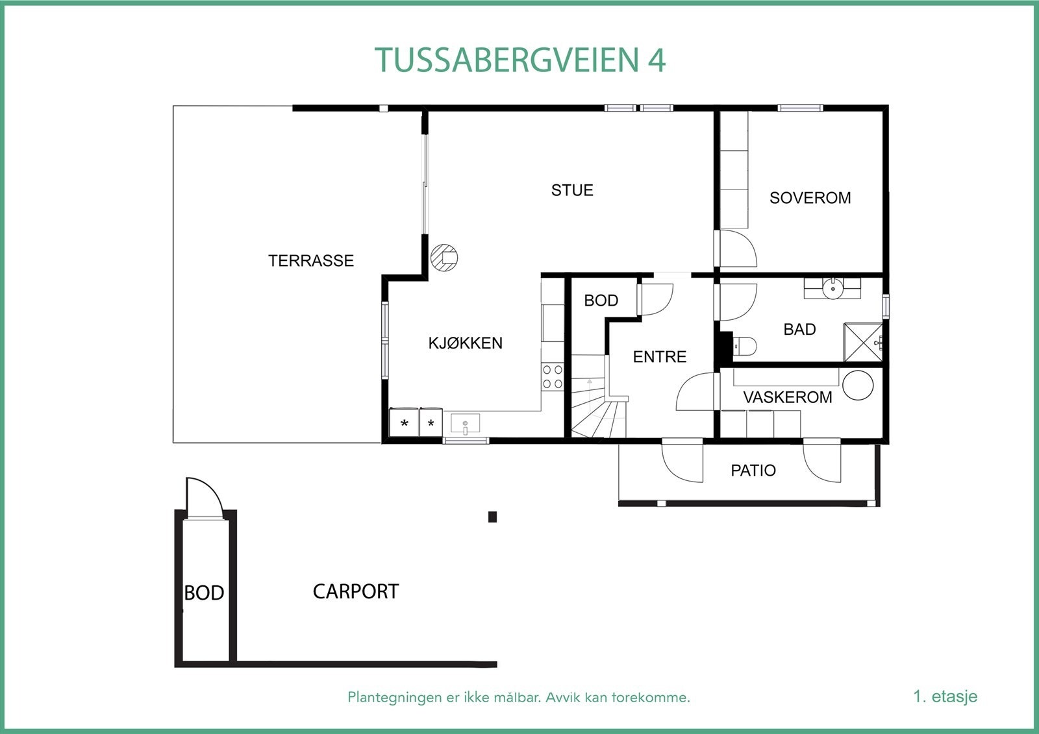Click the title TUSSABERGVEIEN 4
point(520,60)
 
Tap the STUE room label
point(572,190)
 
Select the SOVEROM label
point(810,198)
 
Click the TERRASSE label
point(311,261)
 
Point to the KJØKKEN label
point(465,343)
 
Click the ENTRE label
point(659,357)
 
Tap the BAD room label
point(799,330)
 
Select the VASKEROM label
point(787,397)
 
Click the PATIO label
point(753,471)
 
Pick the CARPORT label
point(356,592)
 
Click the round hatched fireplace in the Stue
point(445,258)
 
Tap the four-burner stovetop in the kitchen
point(553,377)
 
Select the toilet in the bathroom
point(744,347)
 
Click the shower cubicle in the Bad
point(863,342)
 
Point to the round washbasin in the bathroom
point(832,288)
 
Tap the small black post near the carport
point(492,517)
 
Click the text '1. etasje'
point(945,697)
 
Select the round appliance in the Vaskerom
point(858,385)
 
